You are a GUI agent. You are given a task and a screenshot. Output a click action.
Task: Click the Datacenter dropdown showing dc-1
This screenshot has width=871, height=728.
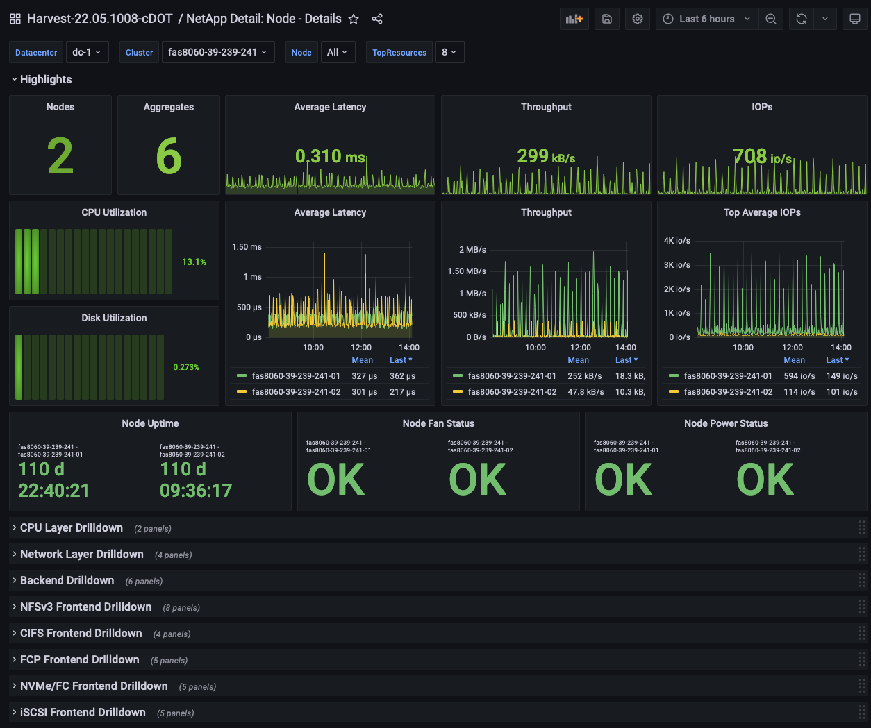pyautogui.click(x=87, y=52)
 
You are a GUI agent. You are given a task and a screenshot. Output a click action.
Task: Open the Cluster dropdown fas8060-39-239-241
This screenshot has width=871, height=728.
pyautogui.click(x=217, y=52)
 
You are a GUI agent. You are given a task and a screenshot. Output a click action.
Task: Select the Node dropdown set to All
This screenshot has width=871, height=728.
pyautogui.click(x=338, y=52)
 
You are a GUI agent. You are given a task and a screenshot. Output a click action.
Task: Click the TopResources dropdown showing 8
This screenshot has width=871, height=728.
pyautogui.click(x=449, y=52)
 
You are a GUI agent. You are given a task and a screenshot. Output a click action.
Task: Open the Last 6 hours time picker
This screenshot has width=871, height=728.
pyautogui.click(x=706, y=19)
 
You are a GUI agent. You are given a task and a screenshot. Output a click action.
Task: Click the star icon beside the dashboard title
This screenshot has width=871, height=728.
pyautogui.click(x=354, y=19)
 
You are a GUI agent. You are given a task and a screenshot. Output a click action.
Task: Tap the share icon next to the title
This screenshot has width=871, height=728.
pyautogui.click(x=377, y=19)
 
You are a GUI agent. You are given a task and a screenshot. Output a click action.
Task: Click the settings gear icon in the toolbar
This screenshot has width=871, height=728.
pyautogui.click(x=637, y=19)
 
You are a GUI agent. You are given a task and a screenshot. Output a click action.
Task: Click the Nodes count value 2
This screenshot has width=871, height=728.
pyautogui.click(x=60, y=156)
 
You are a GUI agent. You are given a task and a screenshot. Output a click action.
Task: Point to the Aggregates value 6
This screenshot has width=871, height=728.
pyautogui.click(x=169, y=156)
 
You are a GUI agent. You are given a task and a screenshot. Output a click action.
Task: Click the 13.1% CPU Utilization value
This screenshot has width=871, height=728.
pyautogui.click(x=194, y=262)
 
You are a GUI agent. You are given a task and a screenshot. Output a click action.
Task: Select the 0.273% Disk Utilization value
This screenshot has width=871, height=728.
pyautogui.click(x=186, y=367)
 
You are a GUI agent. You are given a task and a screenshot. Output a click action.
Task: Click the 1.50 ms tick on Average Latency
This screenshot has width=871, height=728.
pyautogui.click(x=247, y=247)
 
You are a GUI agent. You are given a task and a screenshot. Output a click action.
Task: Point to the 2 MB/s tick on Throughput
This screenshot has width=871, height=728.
pyautogui.click(x=472, y=250)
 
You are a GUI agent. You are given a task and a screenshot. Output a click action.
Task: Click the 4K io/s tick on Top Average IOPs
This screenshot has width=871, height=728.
pyautogui.click(x=677, y=241)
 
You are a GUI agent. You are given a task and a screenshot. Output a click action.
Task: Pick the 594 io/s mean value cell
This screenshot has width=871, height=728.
pyautogui.click(x=799, y=376)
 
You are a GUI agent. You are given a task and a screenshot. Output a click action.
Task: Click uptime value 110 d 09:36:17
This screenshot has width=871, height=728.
pyautogui.click(x=195, y=480)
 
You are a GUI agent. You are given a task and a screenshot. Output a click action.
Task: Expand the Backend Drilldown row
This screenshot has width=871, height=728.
pyautogui.click(x=67, y=581)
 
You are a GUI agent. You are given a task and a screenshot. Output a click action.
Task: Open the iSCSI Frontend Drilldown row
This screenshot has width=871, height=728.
pyautogui.click(x=83, y=713)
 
